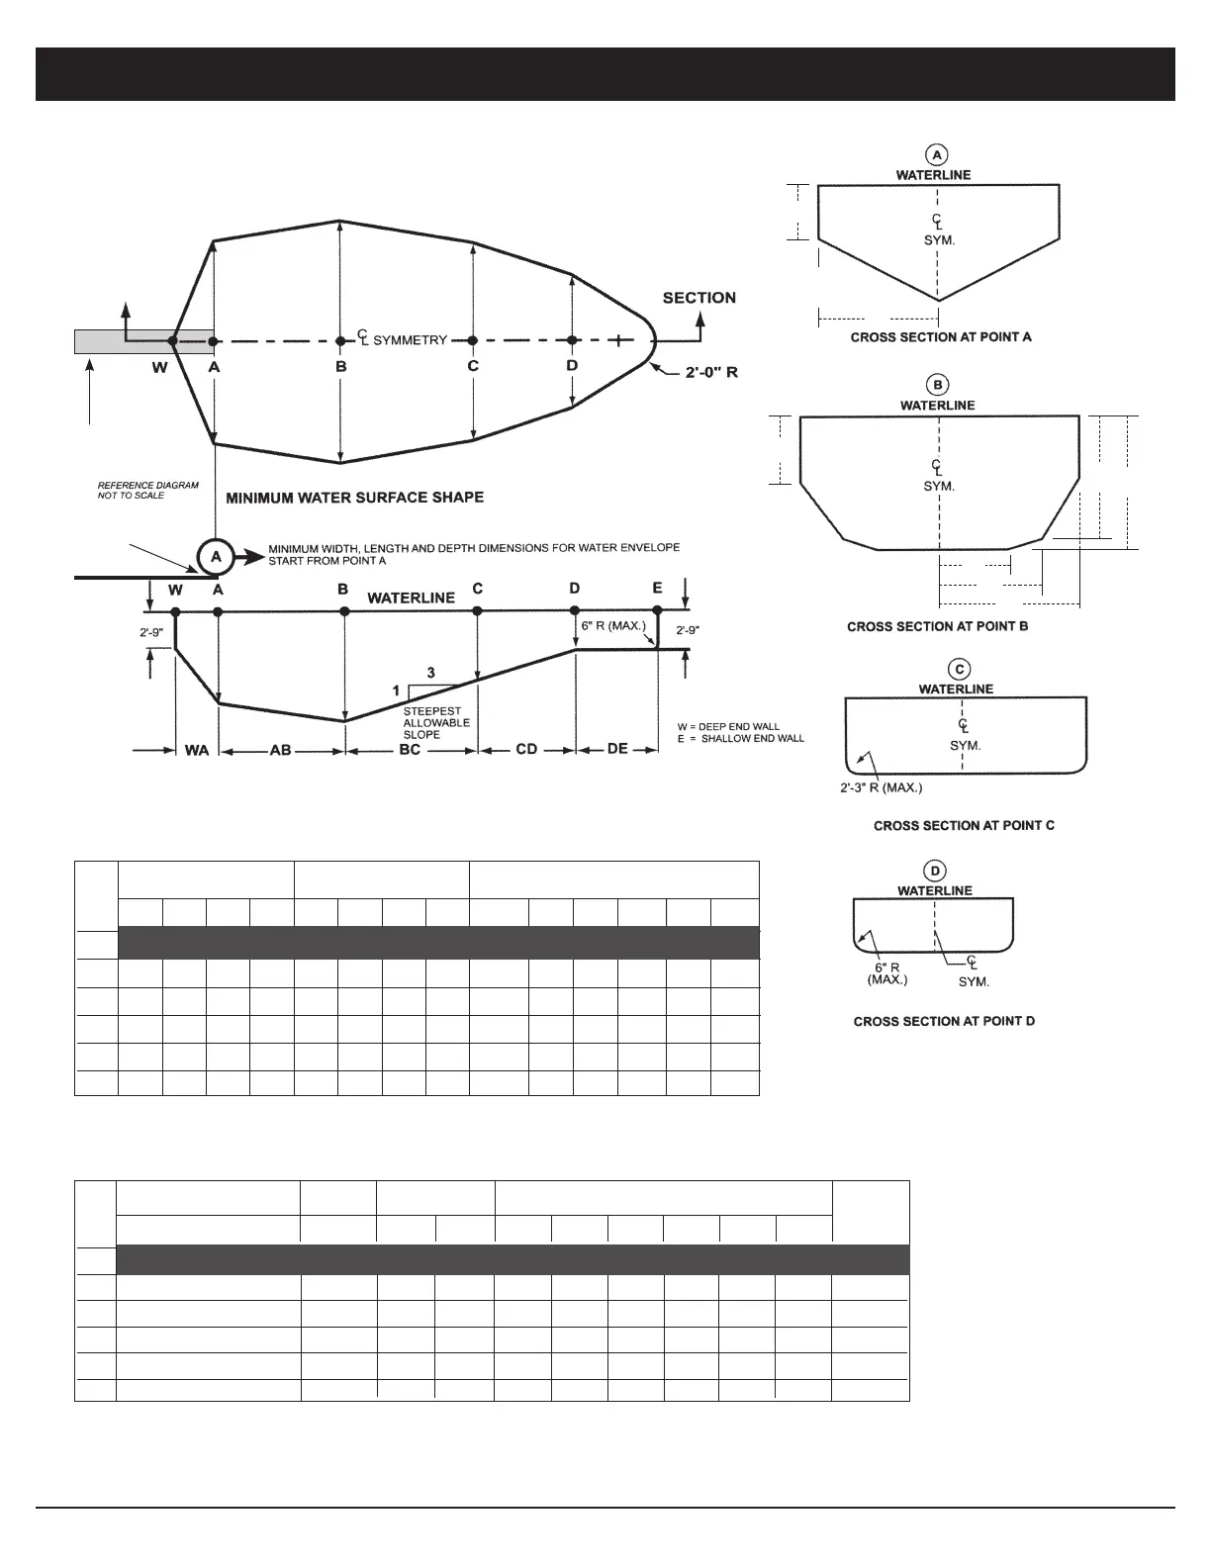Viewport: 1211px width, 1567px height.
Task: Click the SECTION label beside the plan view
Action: click(699, 298)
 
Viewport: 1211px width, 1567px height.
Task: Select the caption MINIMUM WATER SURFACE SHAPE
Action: click(355, 498)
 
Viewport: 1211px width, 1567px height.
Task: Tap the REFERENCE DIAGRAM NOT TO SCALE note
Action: click(147, 490)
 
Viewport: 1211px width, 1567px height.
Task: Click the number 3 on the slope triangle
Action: click(430, 673)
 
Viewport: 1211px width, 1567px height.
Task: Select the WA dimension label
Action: click(197, 750)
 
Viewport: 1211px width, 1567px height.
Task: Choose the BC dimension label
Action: click(410, 750)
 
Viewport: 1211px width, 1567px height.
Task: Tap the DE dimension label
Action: click(617, 749)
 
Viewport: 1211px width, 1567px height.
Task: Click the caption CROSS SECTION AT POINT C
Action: click(964, 825)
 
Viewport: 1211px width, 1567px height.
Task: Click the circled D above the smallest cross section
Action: click(935, 871)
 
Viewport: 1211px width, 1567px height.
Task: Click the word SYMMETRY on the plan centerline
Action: click(410, 340)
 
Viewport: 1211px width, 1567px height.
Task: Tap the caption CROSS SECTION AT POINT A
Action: click(941, 337)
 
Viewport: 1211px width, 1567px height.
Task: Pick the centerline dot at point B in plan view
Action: click(340, 341)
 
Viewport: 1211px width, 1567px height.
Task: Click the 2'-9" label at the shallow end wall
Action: click(689, 629)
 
